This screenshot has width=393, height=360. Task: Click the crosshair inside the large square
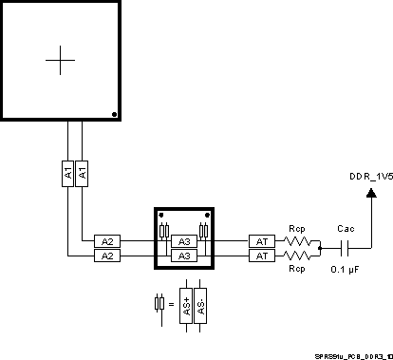click(x=60, y=60)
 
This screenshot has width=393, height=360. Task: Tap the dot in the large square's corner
click(x=114, y=115)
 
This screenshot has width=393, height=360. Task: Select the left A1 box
click(x=68, y=174)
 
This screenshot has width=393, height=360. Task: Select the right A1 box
click(x=83, y=174)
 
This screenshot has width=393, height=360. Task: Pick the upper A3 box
click(x=185, y=241)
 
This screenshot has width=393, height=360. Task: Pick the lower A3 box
click(x=185, y=256)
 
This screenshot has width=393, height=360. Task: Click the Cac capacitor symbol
click(x=346, y=249)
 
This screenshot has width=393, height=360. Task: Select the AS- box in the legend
click(x=200, y=305)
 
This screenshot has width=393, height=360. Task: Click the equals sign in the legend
click(x=171, y=305)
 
